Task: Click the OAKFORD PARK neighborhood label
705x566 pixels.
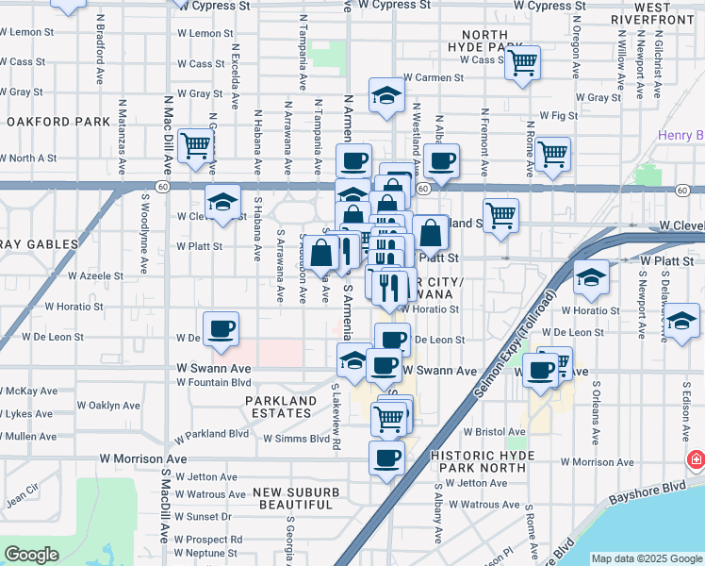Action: [58, 122]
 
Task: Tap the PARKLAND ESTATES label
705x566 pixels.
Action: [282, 408]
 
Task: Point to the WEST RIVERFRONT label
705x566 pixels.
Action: [652, 13]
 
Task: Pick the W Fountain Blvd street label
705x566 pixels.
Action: [214, 382]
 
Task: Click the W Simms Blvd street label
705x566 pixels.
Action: [295, 439]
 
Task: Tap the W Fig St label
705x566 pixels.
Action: [551, 116]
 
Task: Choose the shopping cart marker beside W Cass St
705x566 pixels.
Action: [521, 62]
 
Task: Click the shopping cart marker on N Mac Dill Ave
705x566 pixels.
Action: [195, 145]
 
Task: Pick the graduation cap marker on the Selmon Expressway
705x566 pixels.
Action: [591, 276]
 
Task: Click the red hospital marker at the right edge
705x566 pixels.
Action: [696, 461]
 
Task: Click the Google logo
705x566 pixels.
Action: [31, 555]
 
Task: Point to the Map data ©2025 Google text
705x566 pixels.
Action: [647, 558]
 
